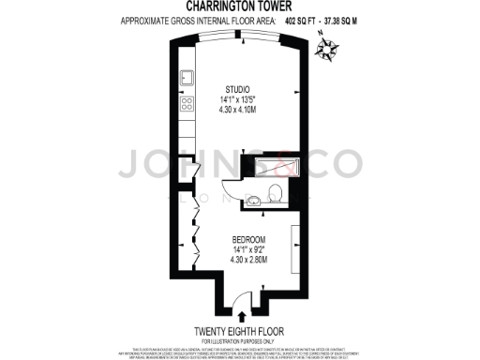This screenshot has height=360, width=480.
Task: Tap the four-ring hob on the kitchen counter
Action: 187,103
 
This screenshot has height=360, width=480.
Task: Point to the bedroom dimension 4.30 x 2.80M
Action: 249,259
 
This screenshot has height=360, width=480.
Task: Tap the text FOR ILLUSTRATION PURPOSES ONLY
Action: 240,339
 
